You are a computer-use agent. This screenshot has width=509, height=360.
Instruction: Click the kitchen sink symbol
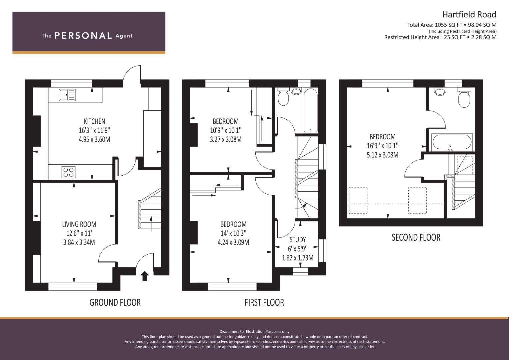(x=67, y=95)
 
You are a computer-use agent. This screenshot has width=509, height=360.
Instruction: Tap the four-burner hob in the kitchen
(x=69, y=172)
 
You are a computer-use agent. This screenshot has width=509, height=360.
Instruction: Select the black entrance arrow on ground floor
(x=145, y=276)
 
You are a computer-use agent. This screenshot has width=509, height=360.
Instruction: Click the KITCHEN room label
(x=95, y=121)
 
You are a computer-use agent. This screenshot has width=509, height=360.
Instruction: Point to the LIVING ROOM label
(x=79, y=224)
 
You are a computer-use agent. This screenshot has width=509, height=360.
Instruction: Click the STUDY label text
(x=298, y=240)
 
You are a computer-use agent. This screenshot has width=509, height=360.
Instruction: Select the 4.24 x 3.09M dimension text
(x=233, y=242)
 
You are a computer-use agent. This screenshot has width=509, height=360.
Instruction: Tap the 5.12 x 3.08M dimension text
(x=382, y=155)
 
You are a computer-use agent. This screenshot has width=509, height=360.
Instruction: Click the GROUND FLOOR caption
(x=115, y=303)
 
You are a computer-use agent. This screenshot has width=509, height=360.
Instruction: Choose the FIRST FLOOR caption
(x=264, y=303)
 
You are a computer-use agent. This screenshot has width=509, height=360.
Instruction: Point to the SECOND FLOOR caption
(x=416, y=237)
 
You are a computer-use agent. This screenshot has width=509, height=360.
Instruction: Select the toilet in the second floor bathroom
(x=464, y=98)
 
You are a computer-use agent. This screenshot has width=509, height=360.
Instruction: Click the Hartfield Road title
(x=469, y=15)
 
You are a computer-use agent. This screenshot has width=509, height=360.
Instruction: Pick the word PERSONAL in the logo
(x=83, y=36)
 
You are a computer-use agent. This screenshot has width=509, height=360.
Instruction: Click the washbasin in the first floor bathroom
(x=296, y=91)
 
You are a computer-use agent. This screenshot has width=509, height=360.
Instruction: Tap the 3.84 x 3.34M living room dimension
(x=79, y=242)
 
